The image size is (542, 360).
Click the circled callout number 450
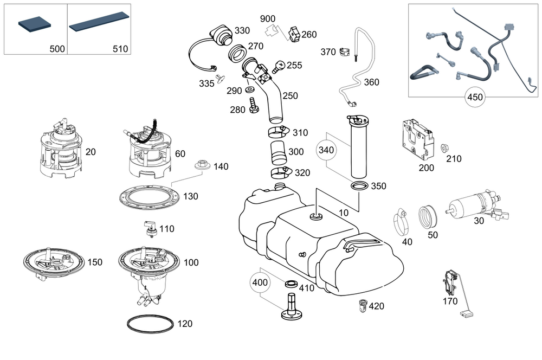point(475,97)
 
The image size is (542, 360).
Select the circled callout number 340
point(326,150)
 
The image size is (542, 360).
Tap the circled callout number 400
point(260,282)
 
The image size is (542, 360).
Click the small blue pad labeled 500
point(35,26)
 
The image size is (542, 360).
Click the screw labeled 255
point(278,67)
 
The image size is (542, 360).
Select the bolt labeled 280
point(253,105)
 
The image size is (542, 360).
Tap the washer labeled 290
point(249,90)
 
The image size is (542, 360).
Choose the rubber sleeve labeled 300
point(278,152)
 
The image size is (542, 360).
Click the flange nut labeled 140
point(202,165)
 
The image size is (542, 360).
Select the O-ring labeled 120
point(150,324)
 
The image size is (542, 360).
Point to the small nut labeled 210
point(444,149)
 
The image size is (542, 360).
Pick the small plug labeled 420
point(363,305)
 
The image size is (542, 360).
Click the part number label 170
point(450,301)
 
